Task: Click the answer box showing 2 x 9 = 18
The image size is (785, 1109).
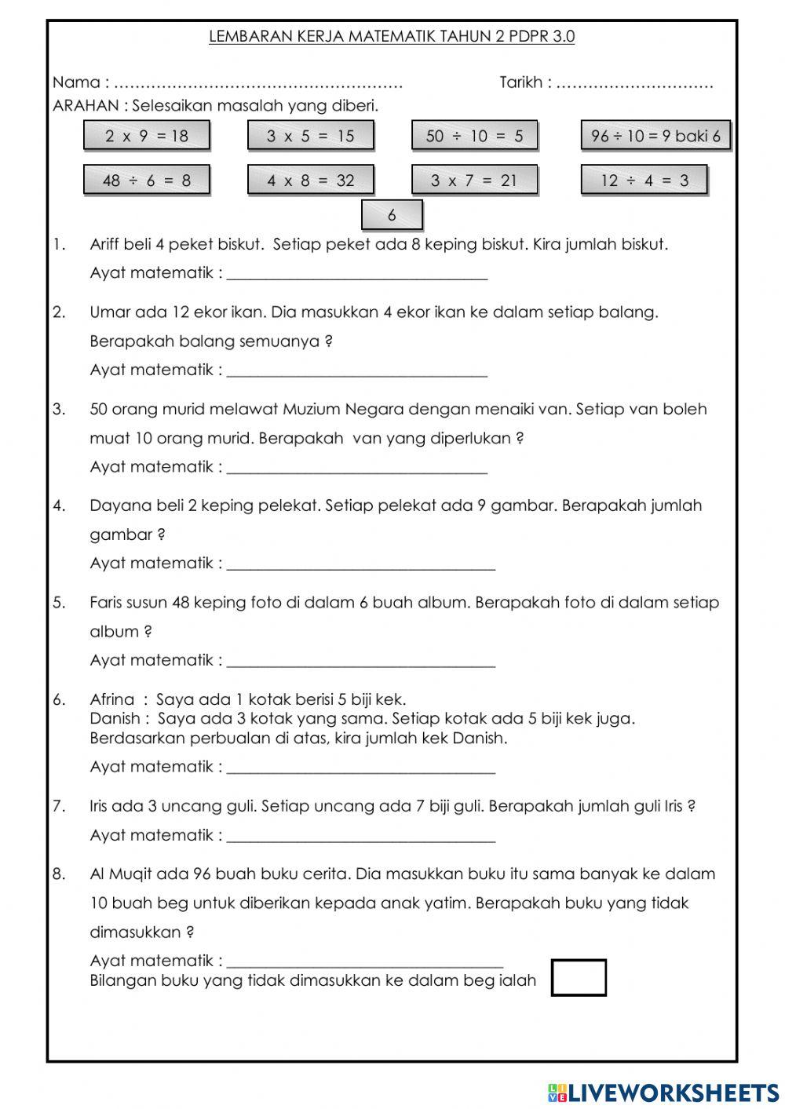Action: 147,136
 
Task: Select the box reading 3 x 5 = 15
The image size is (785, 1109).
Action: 310,136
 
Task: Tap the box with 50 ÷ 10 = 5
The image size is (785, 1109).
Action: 474,136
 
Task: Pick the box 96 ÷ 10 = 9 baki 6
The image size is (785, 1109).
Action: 655,136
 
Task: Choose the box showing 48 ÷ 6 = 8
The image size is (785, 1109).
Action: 147,181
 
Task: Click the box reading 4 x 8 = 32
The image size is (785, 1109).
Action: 310,181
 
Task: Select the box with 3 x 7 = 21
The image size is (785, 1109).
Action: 474,181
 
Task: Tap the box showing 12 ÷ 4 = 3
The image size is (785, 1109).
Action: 644,181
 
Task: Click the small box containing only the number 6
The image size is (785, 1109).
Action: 392,215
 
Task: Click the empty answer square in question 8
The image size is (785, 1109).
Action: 579,978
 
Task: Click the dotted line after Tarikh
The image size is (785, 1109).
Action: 634,83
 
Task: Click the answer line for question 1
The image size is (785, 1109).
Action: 357,274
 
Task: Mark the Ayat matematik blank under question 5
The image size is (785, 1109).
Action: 361,661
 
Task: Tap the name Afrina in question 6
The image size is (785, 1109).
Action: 112,699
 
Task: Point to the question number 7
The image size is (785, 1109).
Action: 59,806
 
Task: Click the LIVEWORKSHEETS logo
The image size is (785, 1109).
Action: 663,1092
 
